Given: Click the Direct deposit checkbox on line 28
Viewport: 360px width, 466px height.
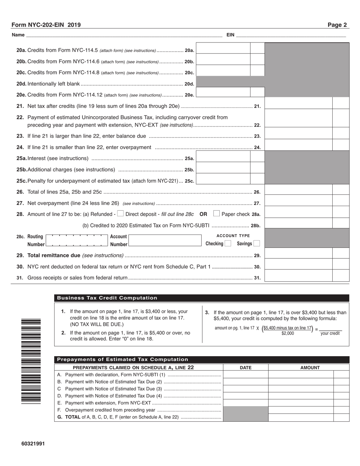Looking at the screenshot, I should click(121, 214).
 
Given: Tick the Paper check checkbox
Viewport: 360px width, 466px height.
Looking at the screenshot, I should click(216, 214).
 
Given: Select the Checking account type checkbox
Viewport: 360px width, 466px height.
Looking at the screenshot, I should click(228, 244).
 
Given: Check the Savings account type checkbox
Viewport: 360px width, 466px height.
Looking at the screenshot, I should click(257, 244).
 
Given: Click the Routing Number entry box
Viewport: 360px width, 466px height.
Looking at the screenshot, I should click(76, 241).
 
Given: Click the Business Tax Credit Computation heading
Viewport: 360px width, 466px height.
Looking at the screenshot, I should click(107, 298).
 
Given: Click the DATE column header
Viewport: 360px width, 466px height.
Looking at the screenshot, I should click(246, 367).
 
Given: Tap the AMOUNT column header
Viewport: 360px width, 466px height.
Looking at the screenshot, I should click(310, 367).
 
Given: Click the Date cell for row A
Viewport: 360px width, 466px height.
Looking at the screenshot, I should click(246, 375).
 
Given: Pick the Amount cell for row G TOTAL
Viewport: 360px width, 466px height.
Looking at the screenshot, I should click(301, 418).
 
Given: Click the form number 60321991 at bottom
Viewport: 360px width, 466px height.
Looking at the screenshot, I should click(33, 444).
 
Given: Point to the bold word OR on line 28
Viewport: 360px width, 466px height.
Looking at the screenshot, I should click(203, 214).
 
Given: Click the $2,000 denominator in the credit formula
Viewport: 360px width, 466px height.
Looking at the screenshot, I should click(288, 334).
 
